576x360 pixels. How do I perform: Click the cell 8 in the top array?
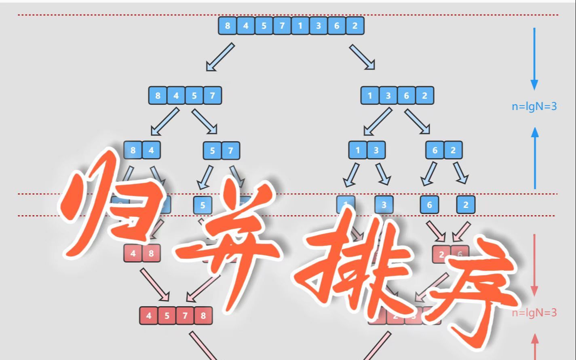coord(228,26)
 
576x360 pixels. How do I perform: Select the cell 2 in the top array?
coord(354,26)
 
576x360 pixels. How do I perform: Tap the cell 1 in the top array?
coord(300,26)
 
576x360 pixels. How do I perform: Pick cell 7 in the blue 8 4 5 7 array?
coord(212,96)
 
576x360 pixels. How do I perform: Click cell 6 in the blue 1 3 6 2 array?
coord(406,96)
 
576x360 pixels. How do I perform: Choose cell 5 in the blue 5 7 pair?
coord(212,151)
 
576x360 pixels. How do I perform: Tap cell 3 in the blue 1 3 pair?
coord(376,150)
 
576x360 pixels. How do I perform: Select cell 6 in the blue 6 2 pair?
coord(435,150)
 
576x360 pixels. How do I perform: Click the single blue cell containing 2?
coord(466,205)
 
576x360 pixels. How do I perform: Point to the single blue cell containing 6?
coord(429,205)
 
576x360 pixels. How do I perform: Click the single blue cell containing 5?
coord(203,205)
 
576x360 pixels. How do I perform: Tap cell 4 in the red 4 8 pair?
coord(133,254)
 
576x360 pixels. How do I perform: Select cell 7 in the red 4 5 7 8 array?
coord(185,316)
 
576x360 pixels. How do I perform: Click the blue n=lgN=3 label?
coord(534,106)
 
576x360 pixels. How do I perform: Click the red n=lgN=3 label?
coord(534,312)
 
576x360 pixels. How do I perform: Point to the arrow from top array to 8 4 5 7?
coord(220,57)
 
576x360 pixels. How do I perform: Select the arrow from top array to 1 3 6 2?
coord(362,57)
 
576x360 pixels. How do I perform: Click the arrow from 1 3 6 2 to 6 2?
coord(417,121)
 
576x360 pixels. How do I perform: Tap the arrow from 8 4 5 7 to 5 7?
coord(205,121)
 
